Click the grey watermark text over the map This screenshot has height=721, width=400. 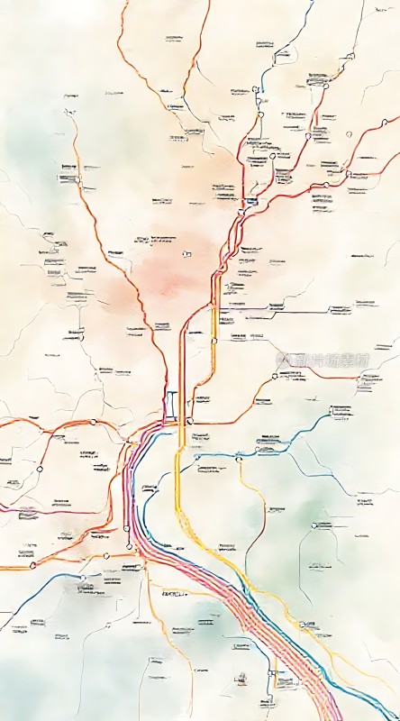pos(323,359)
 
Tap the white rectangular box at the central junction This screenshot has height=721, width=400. pos(171,404)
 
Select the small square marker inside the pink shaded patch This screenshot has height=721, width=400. pos(186,254)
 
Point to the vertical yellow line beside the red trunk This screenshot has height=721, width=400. pos(214,342)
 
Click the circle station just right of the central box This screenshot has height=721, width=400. pos(190,421)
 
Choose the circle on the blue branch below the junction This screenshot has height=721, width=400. pos(239,459)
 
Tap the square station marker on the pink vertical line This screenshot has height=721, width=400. pos(127,527)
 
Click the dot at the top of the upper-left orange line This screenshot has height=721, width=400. pos(67,113)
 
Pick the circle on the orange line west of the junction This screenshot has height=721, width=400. pos(93,421)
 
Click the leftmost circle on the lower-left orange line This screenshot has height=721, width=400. pos(40,469)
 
